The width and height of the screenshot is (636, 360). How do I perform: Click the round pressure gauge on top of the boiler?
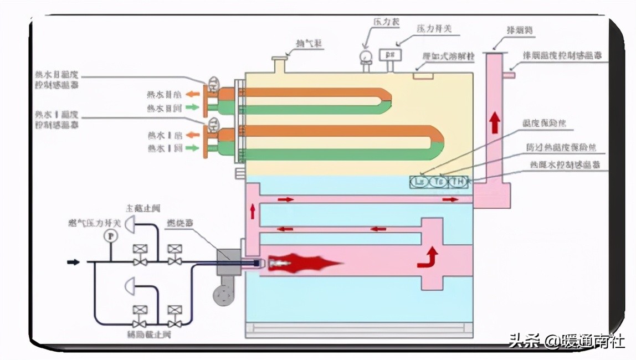(x=366, y=56)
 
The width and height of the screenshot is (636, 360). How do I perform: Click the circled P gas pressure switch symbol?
(x=112, y=235)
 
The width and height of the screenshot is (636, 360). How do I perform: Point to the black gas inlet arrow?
(x=74, y=261)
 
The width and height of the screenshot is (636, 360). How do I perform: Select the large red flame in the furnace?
(x=305, y=264)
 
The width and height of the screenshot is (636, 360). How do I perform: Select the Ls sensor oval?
(x=420, y=181)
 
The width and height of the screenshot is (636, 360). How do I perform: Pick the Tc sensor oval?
(x=439, y=181)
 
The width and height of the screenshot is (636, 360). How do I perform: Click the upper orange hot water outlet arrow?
(x=192, y=95)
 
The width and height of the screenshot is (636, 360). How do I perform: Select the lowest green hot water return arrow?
(x=192, y=148)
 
